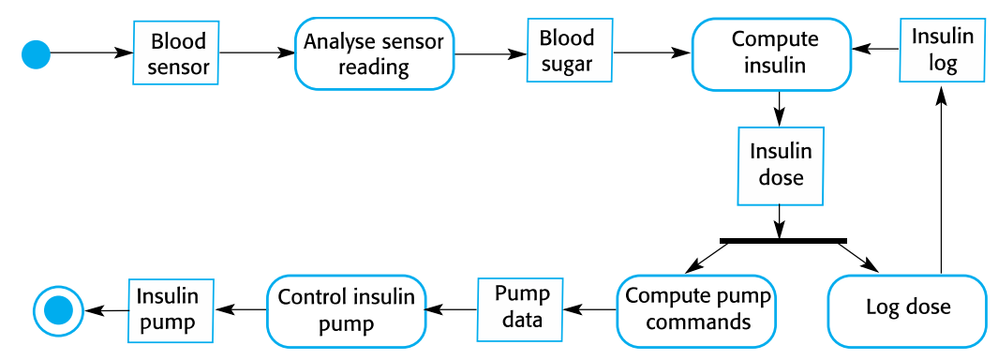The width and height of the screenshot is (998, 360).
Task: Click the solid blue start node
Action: pyautogui.click(x=36, y=54)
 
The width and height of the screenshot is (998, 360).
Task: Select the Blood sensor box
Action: pyautogui.click(x=178, y=53)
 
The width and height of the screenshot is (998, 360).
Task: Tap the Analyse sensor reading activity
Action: pyautogui.click(x=374, y=53)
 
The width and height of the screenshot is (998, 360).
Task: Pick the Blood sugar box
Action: pyautogui.click(x=567, y=52)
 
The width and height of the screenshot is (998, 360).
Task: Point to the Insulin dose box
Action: pyautogui.click(x=781, y=165)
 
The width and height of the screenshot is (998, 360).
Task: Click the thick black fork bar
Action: pyautogui.click(x=782, y=241)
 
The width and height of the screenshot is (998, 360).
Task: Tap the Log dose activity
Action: pyautogui.click(x=907, y=308)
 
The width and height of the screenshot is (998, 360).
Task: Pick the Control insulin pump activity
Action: pyautogui.click(x=346, y=310)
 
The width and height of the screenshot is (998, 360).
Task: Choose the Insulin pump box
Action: pyautogui.click(x=168, y=309)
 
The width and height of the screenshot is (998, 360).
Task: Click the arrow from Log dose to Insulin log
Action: pyautogui.click(x=940, y=178)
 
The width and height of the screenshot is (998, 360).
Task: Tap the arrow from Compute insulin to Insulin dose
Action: pyautogui.click(x=779, y=109)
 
